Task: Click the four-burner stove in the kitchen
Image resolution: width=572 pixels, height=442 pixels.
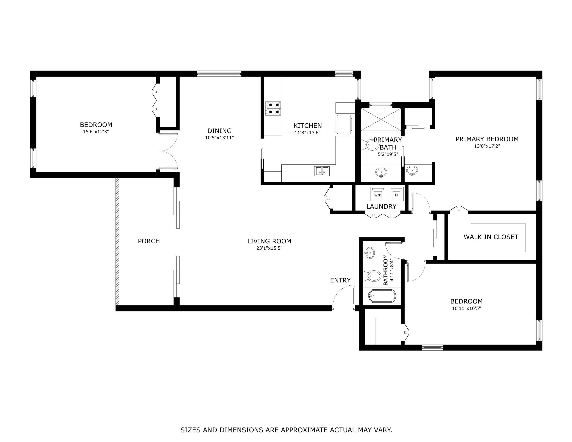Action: (273, 108)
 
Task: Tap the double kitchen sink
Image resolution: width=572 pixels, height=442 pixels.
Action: (322, 171)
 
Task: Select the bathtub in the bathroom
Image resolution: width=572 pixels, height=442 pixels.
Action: (382, 296)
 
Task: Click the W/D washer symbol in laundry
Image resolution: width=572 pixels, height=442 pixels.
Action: (378, 194)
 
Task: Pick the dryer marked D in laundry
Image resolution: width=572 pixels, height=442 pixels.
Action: (396, 194)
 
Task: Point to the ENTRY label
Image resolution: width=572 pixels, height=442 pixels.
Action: (340, 280)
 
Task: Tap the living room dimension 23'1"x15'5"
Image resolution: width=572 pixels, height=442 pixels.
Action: (269, 248)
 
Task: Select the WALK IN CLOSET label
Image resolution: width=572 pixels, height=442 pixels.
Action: (491, 237)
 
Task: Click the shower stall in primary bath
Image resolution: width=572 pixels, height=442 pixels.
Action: (381, 119)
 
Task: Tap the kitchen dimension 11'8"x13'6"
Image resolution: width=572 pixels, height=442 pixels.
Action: (307, 133)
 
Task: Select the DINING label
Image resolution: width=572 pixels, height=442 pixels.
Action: (219, 131)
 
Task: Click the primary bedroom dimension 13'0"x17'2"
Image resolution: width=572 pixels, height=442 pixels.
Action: (487, 146)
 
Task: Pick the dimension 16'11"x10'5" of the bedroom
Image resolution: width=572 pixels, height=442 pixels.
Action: (466, 308)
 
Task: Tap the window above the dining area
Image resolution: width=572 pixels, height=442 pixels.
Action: (219, 74)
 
